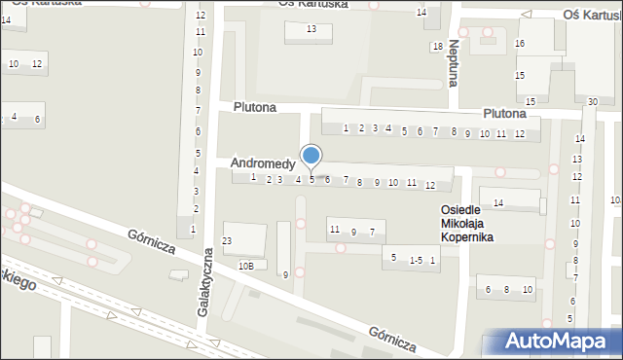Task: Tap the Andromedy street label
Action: (263, 164)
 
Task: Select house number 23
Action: (227, 240)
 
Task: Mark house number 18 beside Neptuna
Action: (437, 48)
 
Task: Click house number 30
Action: (593, 101)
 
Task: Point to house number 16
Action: (521, 44)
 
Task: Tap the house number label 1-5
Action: (416, 260)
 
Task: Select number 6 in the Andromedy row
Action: (327, 179)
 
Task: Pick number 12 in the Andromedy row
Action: (429, 185)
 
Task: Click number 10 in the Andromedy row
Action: (392, 183)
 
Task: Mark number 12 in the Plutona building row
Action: (519, 133)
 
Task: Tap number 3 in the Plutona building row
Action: (375, 128)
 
